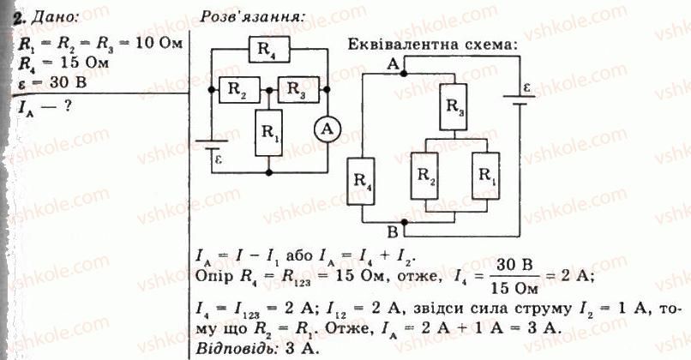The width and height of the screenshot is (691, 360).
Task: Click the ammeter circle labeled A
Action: (327, 129)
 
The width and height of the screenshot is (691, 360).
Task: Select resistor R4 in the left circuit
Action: (269, 50)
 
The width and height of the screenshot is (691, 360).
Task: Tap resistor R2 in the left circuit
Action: (240, 90)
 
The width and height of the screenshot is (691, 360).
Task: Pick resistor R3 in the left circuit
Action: (297, 90)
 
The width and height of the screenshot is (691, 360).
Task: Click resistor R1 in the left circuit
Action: (268, 133)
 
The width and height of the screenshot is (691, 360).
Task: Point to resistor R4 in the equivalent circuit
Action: (361, 182)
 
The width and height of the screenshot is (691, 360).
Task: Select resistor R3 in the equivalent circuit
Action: (454, 107)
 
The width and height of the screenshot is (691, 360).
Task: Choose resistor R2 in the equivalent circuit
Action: (424, 176)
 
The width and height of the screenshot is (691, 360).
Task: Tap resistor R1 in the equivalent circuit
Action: (485, 176)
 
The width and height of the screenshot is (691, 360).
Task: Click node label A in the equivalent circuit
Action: (393, 65)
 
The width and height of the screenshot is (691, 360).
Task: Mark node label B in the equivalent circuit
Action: (392, 231)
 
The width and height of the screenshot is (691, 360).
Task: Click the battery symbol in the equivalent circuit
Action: (520, 100)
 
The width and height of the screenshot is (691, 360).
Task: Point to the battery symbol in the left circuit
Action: (212, 145)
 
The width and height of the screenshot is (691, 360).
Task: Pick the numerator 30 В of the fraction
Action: (514, 266)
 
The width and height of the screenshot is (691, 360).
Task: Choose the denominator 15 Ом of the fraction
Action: (514, 288)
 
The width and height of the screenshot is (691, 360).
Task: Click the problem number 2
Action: (18, 18)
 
